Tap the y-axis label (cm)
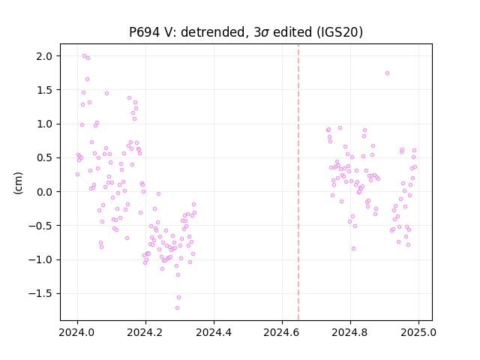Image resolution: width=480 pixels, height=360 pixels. (18, 183)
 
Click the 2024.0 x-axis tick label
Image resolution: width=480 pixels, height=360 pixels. (77, 332)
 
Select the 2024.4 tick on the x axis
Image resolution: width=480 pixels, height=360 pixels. (214, 332)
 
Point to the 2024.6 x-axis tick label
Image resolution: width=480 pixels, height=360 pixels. (282, 332)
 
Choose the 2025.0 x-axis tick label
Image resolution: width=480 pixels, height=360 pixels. (418, 332)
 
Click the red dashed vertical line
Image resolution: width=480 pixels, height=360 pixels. (298, 182)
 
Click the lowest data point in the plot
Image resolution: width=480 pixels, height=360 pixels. (177, 308)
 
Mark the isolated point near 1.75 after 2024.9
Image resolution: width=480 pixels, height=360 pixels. (387, 73)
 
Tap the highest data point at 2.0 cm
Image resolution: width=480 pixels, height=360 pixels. (85, 56)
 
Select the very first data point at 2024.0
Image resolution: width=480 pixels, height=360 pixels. (77, 175)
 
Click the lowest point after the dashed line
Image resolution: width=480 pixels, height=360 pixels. (353, 249)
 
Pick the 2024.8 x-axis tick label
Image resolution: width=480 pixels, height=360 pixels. (350, 332)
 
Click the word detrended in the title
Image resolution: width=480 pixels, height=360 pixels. (214, 31)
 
